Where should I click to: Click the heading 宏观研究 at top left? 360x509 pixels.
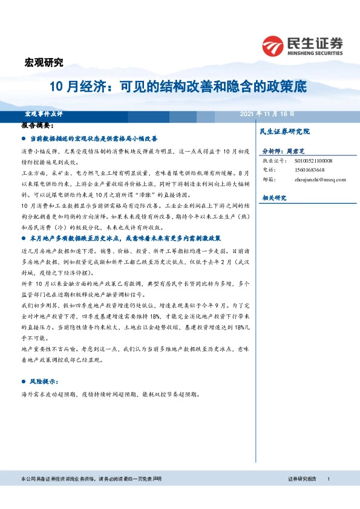pyautogui.click(x=43, y=62)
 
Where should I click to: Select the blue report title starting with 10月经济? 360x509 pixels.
pyautogui.click(x=178, y=87)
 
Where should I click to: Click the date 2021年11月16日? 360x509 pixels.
pyautogui.click(x=267, y=114)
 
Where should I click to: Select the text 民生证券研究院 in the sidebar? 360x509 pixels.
pyautogui.click(x=284, y=131)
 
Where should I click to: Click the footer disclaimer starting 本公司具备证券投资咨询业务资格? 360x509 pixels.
pyautogui.click(x=91, y=479)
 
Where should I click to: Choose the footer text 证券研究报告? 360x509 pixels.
pyautogui.click(x=302, y=479)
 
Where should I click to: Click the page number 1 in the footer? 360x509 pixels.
pyautogui.click(x=328, y=479)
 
